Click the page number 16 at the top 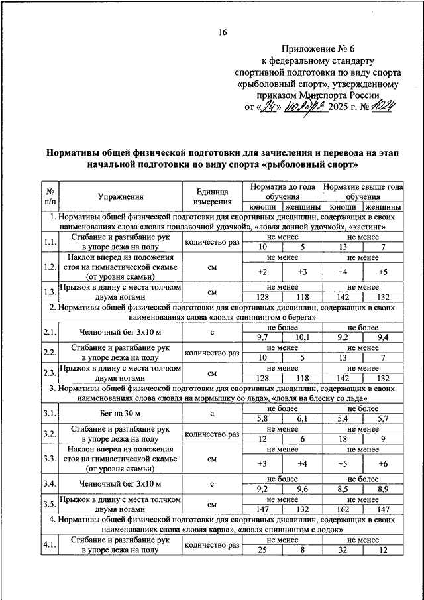[223, 33]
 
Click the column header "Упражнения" [121, 196]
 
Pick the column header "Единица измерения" [213, 196]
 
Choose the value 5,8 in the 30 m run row [262, 419]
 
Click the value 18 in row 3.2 [343, 438]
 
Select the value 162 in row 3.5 [343, 509]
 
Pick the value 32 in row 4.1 [343, 550]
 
